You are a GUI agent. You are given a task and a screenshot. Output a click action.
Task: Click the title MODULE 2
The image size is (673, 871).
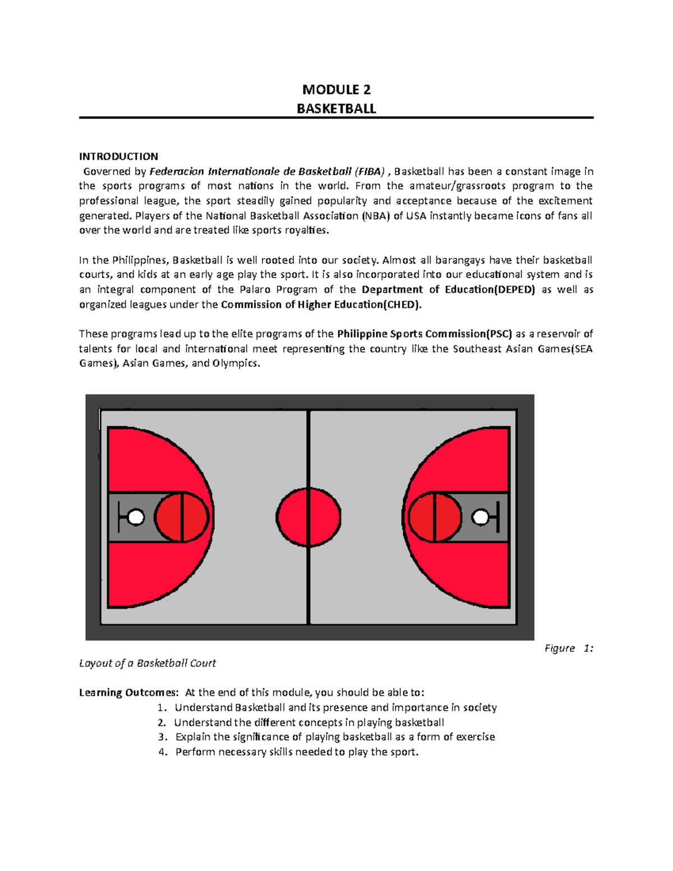(x=336, y=90)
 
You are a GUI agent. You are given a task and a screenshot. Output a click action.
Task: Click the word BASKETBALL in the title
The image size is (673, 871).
(x=336, y=109)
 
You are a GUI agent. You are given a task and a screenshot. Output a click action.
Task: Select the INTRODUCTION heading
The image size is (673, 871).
(x=118, y=156)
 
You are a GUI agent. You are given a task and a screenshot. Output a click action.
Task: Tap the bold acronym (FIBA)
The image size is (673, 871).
(x=370, y=172)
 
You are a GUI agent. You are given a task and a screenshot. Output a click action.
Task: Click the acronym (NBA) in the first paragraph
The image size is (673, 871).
(x=375, y=216)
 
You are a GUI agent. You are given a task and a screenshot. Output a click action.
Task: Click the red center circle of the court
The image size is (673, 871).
(x=308, y=517)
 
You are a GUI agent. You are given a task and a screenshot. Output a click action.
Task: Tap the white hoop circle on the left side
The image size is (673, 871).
(x=136, y=517)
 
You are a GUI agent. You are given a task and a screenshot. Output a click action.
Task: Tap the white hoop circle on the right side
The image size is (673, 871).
(x=480, y=517)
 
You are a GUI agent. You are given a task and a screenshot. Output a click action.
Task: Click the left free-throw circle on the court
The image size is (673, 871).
(x=182, y=517)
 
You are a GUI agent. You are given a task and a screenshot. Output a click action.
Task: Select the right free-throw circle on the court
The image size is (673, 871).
(x=435, y=517)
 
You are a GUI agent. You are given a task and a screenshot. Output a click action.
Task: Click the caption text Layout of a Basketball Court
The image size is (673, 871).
(x=147, y=663)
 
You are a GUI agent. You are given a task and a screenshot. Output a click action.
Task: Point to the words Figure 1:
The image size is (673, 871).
(x=568, y=648)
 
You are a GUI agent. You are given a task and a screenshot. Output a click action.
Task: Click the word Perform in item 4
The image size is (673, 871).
(x=195, y=752)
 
